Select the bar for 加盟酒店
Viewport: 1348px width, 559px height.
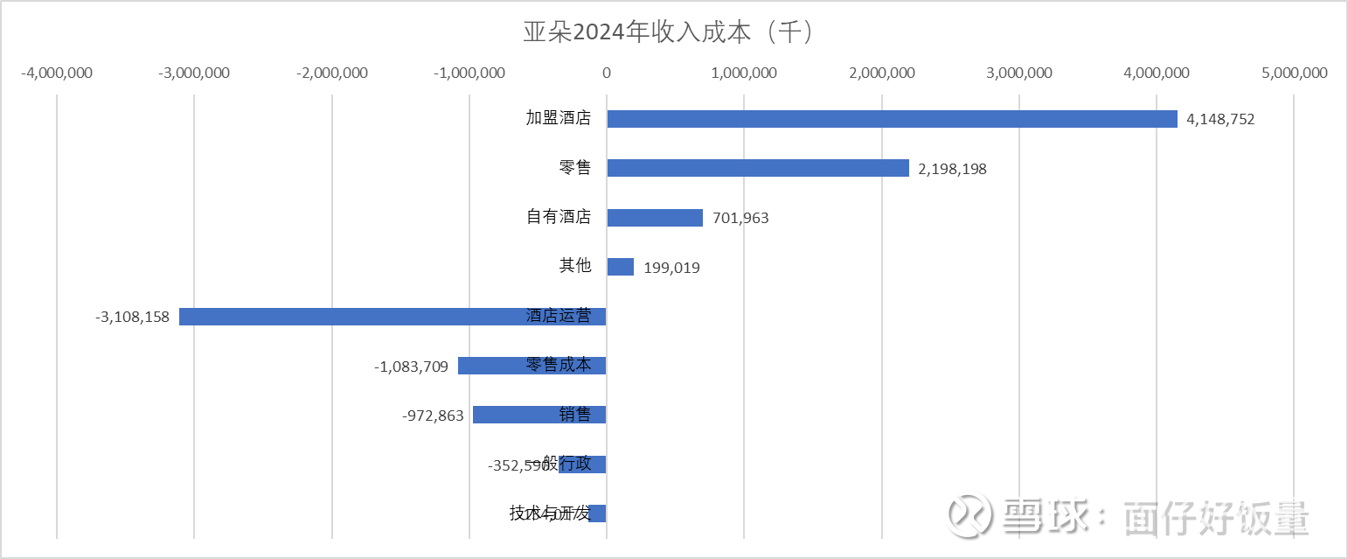(x=892, y=119)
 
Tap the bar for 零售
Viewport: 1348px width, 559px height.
(x=758, y=168)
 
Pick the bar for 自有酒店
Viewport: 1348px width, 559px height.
(x=655, y=218)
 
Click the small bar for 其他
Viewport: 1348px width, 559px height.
(x=621, y=267)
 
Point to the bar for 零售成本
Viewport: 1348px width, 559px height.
(x=490, y=366)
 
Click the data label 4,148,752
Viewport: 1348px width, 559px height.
(x=1220, y=119)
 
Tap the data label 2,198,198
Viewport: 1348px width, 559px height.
(x=952, y=169)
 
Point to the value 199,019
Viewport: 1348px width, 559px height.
(x=671, y=268)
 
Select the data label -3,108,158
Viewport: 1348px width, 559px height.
(x=132, y=317)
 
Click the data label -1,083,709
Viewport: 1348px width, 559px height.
(x=411, y=367)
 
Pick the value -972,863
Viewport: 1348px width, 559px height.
(x=433, y=416)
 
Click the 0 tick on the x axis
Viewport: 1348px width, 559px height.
(x=606, y=73)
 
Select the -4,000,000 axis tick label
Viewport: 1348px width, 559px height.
(x=57, y=73)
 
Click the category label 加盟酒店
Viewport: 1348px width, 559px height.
(x=558, y=118)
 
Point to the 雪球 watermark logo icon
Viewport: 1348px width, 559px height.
(x=970, y=516)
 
